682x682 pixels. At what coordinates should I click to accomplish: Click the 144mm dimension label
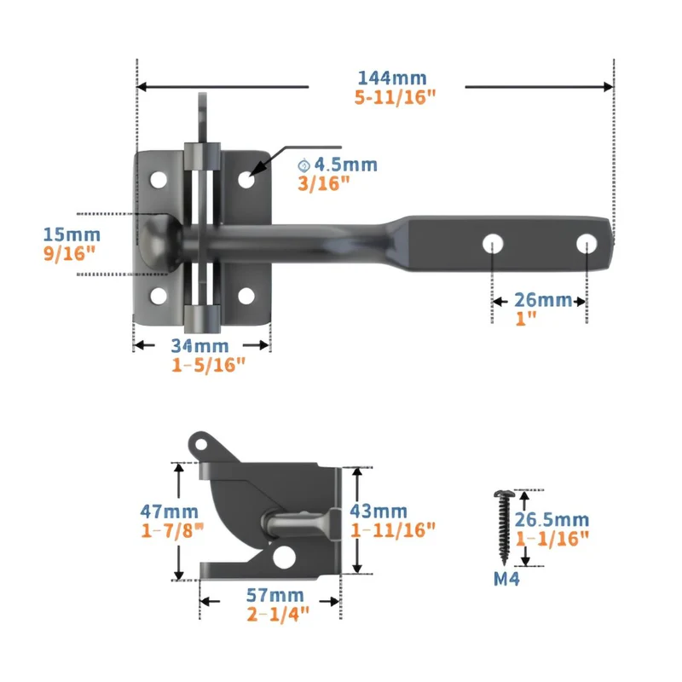point(392,78)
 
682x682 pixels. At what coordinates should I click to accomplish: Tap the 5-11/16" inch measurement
point(395,97)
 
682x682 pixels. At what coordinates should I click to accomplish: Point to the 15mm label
point(72,235)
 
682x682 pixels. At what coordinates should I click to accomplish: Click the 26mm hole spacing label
point(543,300)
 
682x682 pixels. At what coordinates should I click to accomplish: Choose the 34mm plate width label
point(199,346)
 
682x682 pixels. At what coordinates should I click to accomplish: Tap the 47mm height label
point(169,511)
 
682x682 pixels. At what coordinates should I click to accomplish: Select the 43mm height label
point(379,511)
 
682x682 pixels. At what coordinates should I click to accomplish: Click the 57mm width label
point(275,595)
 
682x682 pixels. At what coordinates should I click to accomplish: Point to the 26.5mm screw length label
point(552,520)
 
